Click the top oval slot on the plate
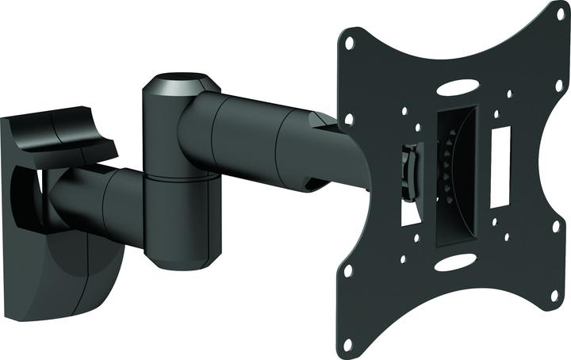458,87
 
